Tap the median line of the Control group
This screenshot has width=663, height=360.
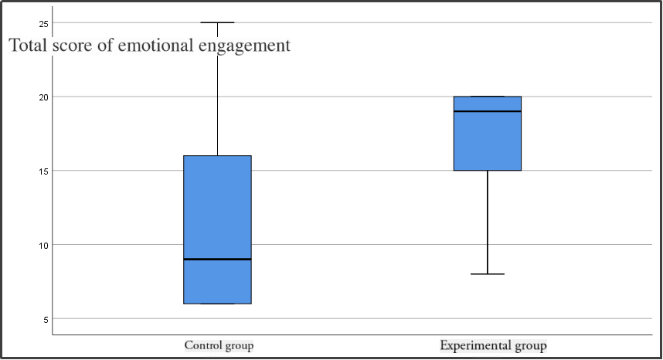(x=217, y=260)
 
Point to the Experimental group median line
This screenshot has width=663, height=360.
(x=488, y=111)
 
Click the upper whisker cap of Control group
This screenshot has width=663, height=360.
(x=217, y=23)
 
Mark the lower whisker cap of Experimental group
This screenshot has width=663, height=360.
(x=488, y=274)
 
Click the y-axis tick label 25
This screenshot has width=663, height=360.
(x=44, y=24)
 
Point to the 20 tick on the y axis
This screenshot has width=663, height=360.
(x=44, y=97)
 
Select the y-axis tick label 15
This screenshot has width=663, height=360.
(x=44, y=171)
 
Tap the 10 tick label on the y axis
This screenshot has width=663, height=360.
(x=44, y=245)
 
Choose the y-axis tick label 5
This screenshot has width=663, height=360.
(x=46, y=318)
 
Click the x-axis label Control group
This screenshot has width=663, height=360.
(x=219, y=345)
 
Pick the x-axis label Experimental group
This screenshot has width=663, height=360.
(x=493, y=345)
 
